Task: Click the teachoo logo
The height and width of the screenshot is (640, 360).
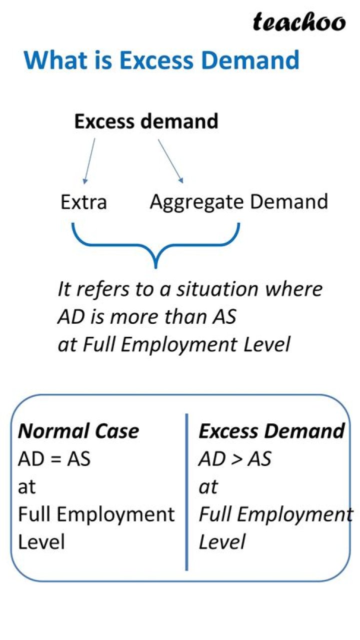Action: point(299,23)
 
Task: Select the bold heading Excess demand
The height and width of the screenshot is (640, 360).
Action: point(146,122)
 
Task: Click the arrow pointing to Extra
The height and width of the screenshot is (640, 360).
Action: point(89,161)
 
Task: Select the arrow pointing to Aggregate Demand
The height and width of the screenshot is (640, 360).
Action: point(171,161)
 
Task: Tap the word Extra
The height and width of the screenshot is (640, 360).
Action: point(83,203)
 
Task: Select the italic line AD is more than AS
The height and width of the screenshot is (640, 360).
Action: point(146,317)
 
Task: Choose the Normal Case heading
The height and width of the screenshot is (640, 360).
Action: point(78,431)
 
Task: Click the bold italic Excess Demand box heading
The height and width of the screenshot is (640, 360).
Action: point(272,431)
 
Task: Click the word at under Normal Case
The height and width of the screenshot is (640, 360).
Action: point(26,487)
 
